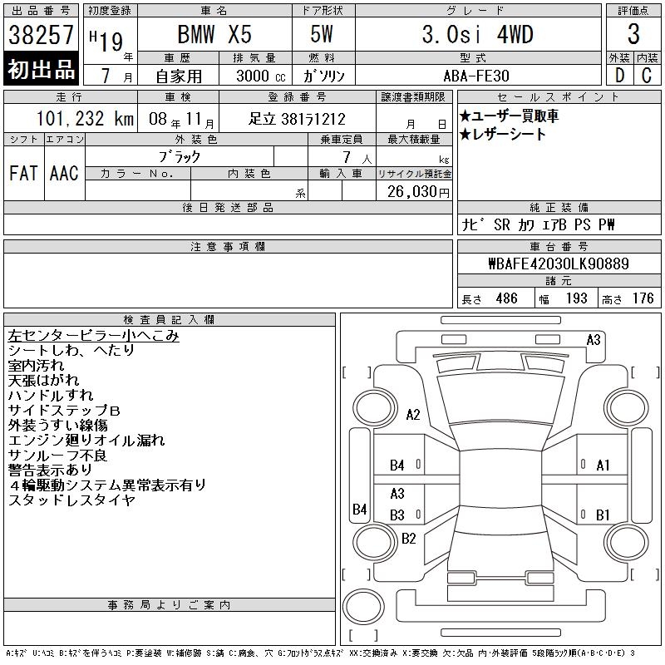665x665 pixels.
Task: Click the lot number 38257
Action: coord(41,34)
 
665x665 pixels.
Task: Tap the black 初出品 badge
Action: coord(41,68)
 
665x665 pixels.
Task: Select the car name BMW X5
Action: coord(214,34)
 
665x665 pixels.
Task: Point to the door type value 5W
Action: coord(322,34)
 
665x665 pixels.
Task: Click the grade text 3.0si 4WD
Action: coord(477,34)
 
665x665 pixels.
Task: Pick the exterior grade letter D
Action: coord(619,76)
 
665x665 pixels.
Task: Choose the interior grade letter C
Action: coord(647,76)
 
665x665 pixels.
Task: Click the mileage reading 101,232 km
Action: coord(85,118)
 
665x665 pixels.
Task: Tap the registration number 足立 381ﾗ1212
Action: coord(297,119)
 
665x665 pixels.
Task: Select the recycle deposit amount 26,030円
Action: coord(418,191)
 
